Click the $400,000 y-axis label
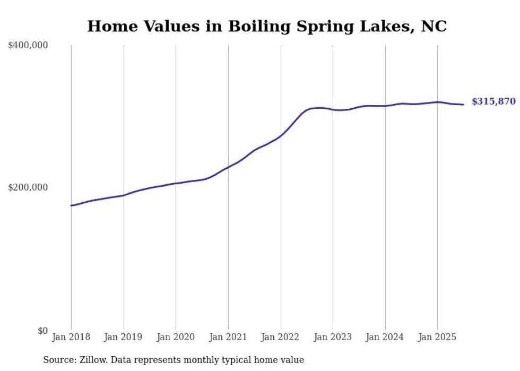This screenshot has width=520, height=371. click(x=28, y=46)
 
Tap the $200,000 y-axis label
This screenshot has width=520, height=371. click(x=28, y=187)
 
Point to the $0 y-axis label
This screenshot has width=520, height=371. click(x=42, y=331)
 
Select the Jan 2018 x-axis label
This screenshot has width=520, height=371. click(x=71, y=337)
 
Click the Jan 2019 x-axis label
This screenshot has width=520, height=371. click(x=124, y=337)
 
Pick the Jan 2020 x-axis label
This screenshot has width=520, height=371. click(x=176, y=337)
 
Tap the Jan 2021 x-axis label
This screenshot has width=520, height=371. click(x=228, y=337)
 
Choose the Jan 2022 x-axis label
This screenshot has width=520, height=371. click(x=280, y=337)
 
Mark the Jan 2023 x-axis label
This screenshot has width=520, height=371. click(x=333, y=337)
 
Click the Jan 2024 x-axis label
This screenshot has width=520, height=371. click(x=385, y=337)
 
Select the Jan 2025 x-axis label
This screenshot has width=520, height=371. click(x=437, y=337)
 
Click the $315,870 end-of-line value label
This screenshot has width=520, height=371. click(x=493, y=101)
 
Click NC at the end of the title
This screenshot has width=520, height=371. click(x=434, y=27)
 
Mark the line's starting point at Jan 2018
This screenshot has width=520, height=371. click(x=71, y=205)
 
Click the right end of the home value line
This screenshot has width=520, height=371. click(x=463, y=105)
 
